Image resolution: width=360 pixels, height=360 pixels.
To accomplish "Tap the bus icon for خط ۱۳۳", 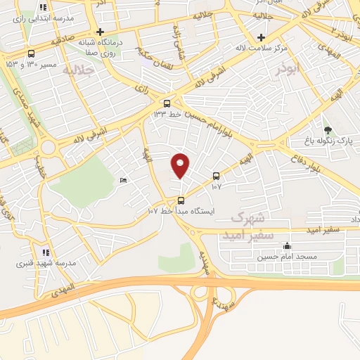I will (x=167, y=103).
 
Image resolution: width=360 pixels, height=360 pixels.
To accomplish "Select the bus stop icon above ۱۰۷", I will (x=216, y=176).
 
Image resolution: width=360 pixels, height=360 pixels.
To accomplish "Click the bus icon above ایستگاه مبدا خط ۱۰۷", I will (x=181, y=200).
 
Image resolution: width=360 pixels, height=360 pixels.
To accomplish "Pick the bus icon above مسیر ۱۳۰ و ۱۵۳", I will (x=31, y=53).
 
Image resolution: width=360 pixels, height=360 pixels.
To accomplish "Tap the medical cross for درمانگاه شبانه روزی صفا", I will (x=101, y=32).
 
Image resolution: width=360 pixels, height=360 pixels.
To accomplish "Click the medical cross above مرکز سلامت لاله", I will (x=262, y=37).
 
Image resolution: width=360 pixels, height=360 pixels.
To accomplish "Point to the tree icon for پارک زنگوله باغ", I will (x=328, y=130).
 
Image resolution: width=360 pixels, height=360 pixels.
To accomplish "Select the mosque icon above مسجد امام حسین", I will (x=286, y=246).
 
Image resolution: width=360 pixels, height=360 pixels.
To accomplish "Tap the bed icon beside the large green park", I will (x=124, y=181).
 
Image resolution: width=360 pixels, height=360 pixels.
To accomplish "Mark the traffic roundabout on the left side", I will (x=49, y=148).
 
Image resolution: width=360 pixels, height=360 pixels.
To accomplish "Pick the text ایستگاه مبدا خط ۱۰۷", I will (x=181, y=211).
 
